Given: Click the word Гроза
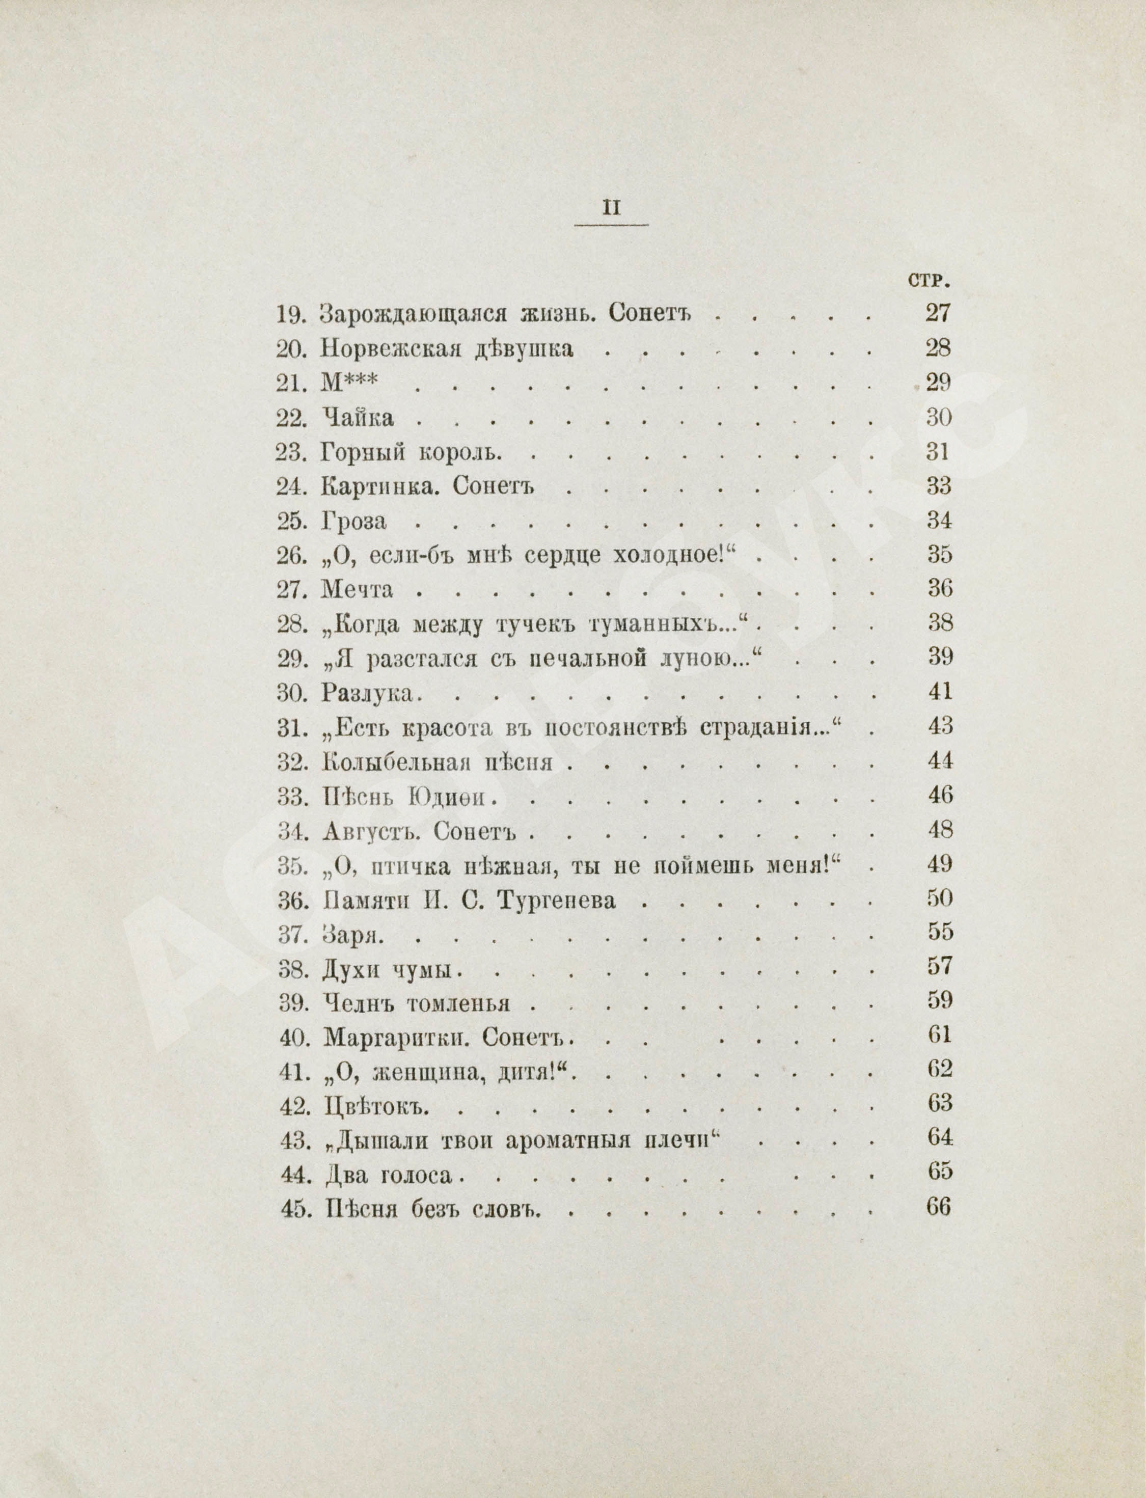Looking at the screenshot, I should pyautogui.click(x=353, y=521).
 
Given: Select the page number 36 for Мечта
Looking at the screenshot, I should pyautogui.click(x=939, y=589).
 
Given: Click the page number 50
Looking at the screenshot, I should pyautogui.click(x=939, y=898).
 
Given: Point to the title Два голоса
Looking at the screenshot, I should pyautogui.click(x=387, y=1176).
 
